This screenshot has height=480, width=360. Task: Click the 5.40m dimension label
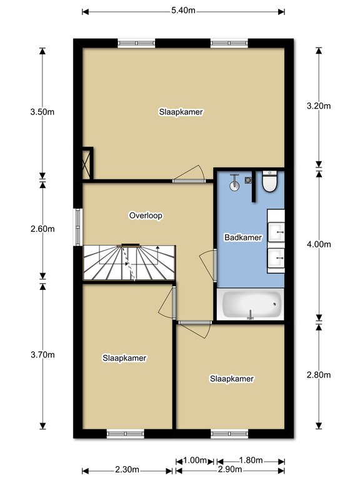click(183, 11)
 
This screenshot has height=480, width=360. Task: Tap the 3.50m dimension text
click(42, 112)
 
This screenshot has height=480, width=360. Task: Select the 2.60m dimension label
click(42, 229)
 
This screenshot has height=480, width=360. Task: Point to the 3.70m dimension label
click(42, 355)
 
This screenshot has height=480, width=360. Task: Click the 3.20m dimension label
click(319, 106)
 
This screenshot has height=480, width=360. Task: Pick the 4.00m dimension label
click(319, 244)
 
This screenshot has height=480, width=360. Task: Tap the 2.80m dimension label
click(319, 375)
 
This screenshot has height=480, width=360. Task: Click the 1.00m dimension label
click(195, 461)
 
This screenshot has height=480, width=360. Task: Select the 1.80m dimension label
click(251, 461)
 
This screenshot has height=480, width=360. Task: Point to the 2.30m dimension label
click(127, 469)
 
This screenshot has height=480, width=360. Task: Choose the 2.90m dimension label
click(230, 469)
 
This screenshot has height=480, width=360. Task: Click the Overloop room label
click(146, 216)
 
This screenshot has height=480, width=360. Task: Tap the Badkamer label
click(243, 237)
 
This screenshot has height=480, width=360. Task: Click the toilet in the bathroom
click(270, 181)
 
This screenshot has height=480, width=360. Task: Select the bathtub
click(251, 304)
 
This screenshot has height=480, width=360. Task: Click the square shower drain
click(248, 180)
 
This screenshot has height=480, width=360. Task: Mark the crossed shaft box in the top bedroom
click(87, 164)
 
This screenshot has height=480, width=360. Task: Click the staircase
click(129, 262)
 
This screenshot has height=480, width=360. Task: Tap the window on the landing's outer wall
click(78, 227)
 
